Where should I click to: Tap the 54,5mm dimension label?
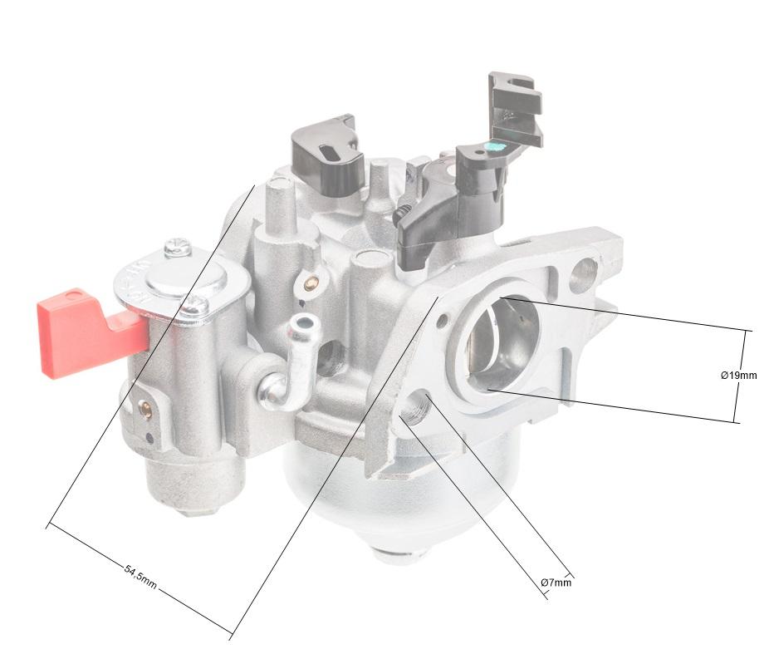[140, 578]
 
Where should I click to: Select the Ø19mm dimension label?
[738, 376]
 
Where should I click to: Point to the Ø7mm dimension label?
[556, 583]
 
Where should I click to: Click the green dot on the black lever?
[493, 146]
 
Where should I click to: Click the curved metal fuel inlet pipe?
[289, 363]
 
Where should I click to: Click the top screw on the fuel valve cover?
[178, 247]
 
